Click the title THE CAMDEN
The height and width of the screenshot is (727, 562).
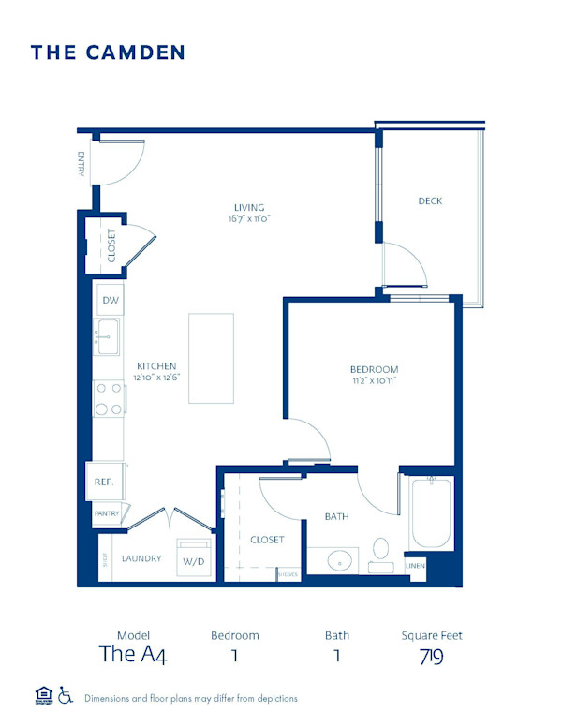(108, 52)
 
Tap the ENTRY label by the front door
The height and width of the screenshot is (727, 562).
(83, 164)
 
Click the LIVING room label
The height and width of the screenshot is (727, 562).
(249, 207)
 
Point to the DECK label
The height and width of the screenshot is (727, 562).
(430, 200)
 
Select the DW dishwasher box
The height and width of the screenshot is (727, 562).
(110, 300)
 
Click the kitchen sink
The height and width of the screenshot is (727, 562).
(107, 334)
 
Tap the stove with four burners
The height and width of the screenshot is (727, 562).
(109, 397)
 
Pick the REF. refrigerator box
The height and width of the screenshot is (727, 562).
(104, 482)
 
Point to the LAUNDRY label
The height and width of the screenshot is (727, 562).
(141, 559)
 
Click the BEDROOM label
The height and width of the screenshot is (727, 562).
(375, 369)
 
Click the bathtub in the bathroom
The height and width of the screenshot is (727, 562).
(432, 512)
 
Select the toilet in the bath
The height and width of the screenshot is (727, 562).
(381, 550)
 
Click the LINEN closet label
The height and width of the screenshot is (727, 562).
(415, 566)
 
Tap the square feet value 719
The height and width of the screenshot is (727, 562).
(432, 656)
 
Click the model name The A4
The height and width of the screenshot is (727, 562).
(133, 654)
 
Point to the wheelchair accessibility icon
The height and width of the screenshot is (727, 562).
(66, 695)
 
